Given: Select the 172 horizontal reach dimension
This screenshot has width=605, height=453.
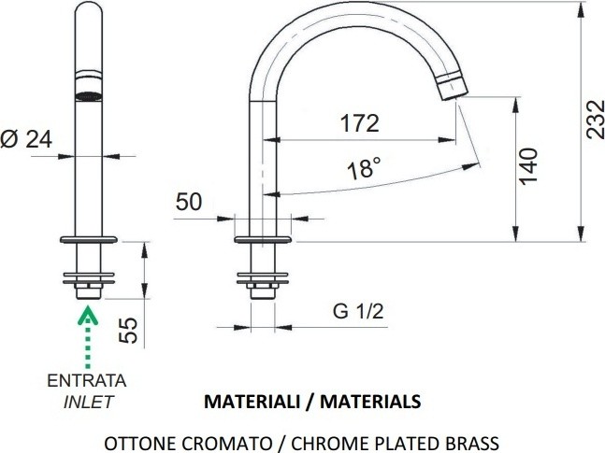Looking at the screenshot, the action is coord(360,123).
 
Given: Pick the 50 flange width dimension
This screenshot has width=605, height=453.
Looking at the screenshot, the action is coord(189,201).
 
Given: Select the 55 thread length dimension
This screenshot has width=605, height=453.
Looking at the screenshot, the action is coord(128,331).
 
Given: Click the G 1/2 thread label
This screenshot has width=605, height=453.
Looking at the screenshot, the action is coord(358,311).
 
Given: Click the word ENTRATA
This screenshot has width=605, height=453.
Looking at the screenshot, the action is coord(87,380).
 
